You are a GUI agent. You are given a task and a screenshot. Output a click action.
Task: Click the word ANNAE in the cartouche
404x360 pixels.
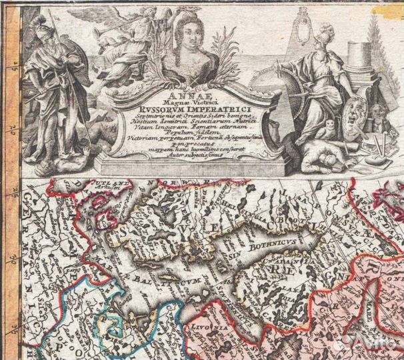click(187, 95)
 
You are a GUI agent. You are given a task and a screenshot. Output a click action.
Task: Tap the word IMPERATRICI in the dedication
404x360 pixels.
click(207, 110)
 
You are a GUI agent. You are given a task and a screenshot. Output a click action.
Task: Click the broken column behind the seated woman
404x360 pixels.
click(357, 64)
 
